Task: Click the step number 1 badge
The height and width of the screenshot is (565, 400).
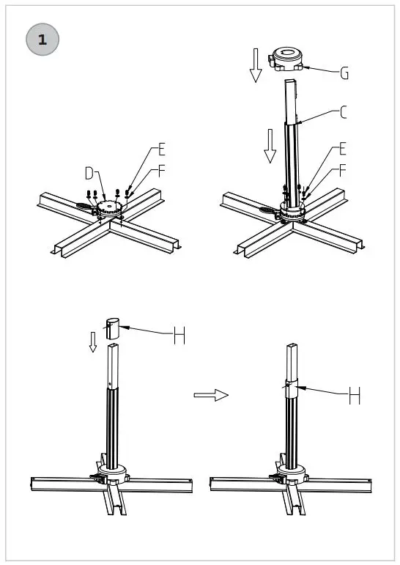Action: (x=42, y=40)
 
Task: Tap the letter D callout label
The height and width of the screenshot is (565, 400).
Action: (x=89, y=174)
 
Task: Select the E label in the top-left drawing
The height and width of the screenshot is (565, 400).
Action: (x=162, y=150)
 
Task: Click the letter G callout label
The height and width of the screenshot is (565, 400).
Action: (x=344, y=73)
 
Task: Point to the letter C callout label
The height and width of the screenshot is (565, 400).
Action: (x=344, y=112)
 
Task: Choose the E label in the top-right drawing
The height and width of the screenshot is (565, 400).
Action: (x=344, y=149)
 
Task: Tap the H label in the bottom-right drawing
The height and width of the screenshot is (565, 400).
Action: (x=355, y=396)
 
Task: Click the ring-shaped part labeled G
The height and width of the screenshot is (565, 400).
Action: (x=289, y=58)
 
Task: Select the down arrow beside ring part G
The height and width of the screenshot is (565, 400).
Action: (x=256, y=64)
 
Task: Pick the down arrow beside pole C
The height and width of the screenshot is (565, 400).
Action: (x=270, y=145)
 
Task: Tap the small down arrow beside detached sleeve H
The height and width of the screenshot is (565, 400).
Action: (x=92, y=341)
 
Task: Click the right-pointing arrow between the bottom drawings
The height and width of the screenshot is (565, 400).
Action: (x=211, y=395)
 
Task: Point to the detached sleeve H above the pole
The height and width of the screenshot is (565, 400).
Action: (x=112, y=328)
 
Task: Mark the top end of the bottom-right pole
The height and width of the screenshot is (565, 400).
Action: (x=291, y=345)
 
